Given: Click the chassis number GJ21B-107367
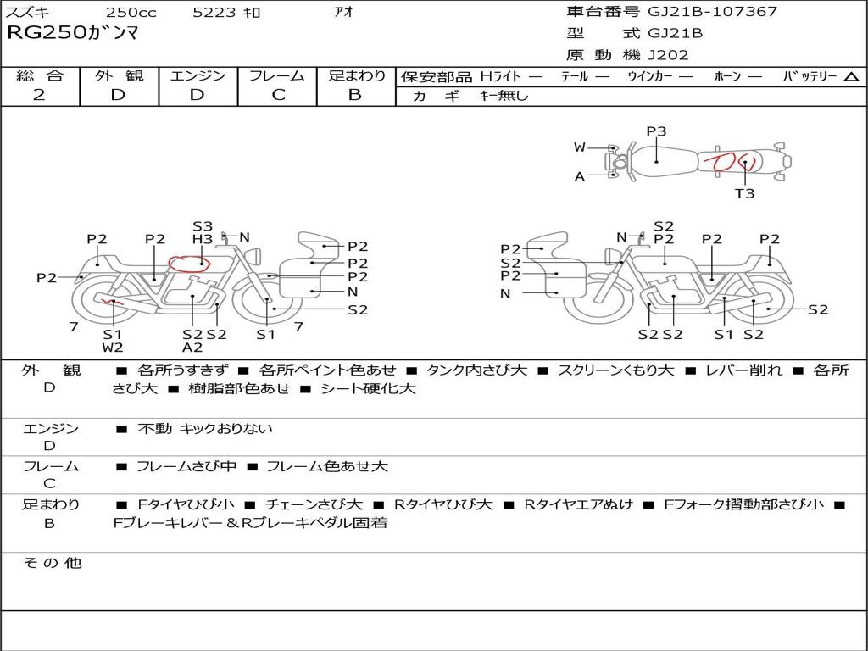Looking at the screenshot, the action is coord(712,11).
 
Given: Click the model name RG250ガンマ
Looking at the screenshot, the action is coord(73,33).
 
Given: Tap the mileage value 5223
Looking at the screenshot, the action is coord(214,12).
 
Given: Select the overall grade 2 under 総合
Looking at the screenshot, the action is coord(39,95).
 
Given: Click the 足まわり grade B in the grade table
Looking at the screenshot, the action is coord(355,95).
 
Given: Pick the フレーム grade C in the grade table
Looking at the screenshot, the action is coord(278,95).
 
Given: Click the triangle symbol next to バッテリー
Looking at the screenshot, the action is coord(851,77).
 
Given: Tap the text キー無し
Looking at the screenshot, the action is coord(504,96).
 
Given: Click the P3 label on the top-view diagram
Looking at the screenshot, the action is coord(657,131).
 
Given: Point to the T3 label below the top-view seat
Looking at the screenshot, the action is coord(744,193).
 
